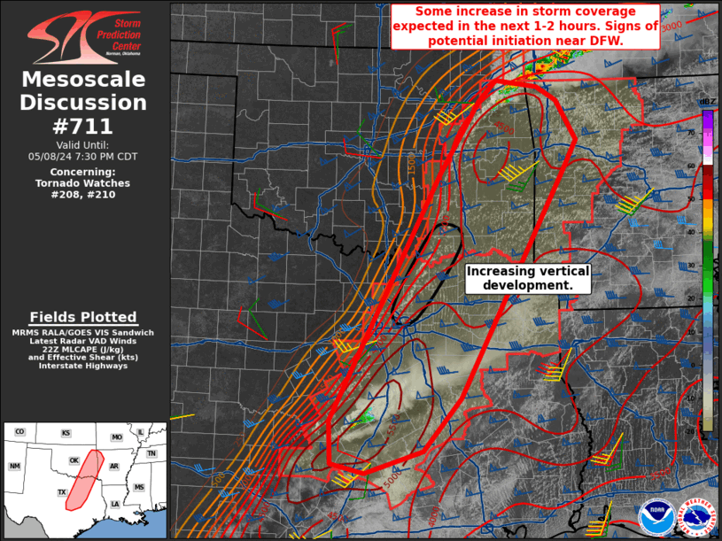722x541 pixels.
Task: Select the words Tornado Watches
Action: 83,183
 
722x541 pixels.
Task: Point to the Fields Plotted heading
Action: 83,317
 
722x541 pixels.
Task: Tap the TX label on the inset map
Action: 61,492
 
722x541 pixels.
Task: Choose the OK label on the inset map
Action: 74,460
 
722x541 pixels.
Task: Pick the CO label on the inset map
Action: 19,431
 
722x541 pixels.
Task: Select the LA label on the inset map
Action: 116,504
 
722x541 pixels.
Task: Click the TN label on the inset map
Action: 151,453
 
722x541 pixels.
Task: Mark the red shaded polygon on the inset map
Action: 79,483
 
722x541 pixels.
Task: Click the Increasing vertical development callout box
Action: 527,278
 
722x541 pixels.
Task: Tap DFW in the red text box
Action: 609,41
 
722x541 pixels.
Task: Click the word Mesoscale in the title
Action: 83,81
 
